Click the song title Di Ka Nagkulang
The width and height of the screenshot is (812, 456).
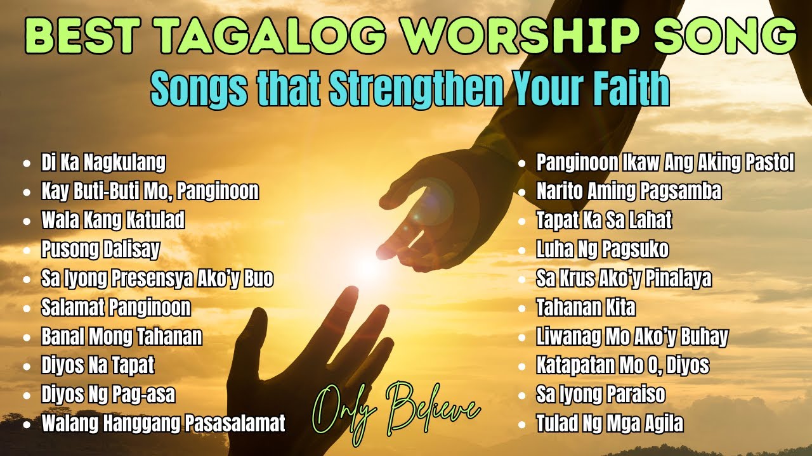tap(103, 163)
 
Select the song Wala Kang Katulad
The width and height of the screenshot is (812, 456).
tap(113, 220)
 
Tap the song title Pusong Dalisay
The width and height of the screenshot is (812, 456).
tap(100, 250)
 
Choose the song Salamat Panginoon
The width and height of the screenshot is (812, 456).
tap(116, 308)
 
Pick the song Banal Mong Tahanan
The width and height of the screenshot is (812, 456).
tap(122, 336)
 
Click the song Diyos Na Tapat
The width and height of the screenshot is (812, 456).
tap(98, 365)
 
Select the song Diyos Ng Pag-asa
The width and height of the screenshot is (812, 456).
tap(108, 395)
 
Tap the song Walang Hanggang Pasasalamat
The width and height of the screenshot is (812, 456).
tap(164, 423)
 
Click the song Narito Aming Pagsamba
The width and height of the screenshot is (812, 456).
tap(629, 191)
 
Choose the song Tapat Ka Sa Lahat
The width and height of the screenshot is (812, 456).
tap(604, 220)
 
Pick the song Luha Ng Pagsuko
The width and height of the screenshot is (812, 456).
tap(602, 250)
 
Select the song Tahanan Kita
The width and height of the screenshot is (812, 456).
tap(586, 308)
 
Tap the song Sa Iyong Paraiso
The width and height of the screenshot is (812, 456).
tap(600, 395)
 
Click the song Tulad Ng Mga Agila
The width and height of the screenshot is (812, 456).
tap(610, 423)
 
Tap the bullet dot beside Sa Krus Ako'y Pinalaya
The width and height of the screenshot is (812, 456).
tap(521, 279)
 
